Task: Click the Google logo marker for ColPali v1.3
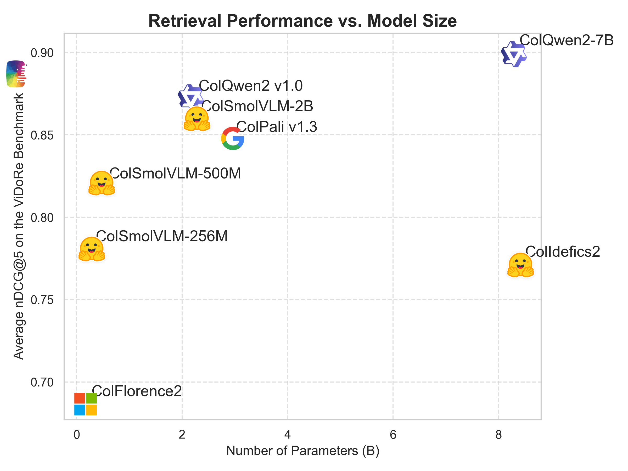[x=233, y=138]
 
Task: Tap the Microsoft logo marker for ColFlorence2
[x=86, y=404]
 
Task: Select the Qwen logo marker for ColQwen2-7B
[x=514, y=54]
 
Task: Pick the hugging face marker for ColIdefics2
[x=520, y=265]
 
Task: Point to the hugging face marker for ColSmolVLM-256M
[x=91, y=249]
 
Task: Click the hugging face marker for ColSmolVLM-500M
[x=101, y=183]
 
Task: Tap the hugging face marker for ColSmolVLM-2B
[x=197, y=119]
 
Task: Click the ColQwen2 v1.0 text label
[x=251, y=86]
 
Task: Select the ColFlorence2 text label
[x=137, y=391]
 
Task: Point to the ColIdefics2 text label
[x=562, y=251]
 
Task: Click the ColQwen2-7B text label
[x=567, y=40]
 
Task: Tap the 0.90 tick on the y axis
[x=42, y=53]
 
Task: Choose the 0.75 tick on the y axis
[x=42, y=300]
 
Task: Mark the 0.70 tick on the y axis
[x=42, y=382]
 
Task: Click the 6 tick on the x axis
[x=393, y=435]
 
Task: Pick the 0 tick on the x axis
[x=77, y=435]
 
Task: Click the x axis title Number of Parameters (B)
[x=303, y=451]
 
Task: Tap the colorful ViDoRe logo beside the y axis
[x=16, y=74]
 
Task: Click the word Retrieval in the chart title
[x=185, y=21]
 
